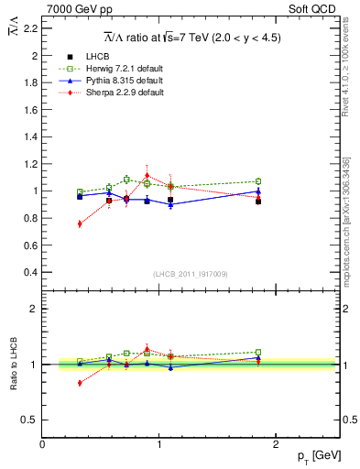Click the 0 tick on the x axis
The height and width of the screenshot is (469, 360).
coord(42,444)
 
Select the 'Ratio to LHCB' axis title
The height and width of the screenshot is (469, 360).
coord(13,365)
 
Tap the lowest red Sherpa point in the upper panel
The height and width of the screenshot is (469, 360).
coord(80,224)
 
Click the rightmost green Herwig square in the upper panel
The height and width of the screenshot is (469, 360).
coord(258,181)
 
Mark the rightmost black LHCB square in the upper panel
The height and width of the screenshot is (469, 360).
coord(258,201)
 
